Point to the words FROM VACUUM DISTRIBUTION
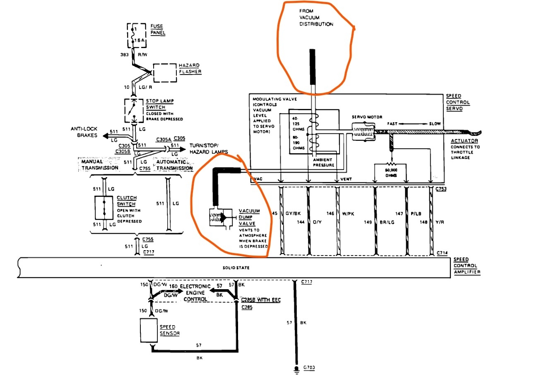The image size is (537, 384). click(316, 17)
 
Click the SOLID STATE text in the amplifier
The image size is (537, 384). click(236, 268)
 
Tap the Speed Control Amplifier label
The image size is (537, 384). click(467, 266)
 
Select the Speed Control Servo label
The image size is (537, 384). click(458, 102)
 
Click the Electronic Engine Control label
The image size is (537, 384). click(195, 292)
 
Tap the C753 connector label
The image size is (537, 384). click(441, 188)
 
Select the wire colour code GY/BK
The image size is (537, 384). click(293, 213)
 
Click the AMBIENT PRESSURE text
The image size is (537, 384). click(323, 162)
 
